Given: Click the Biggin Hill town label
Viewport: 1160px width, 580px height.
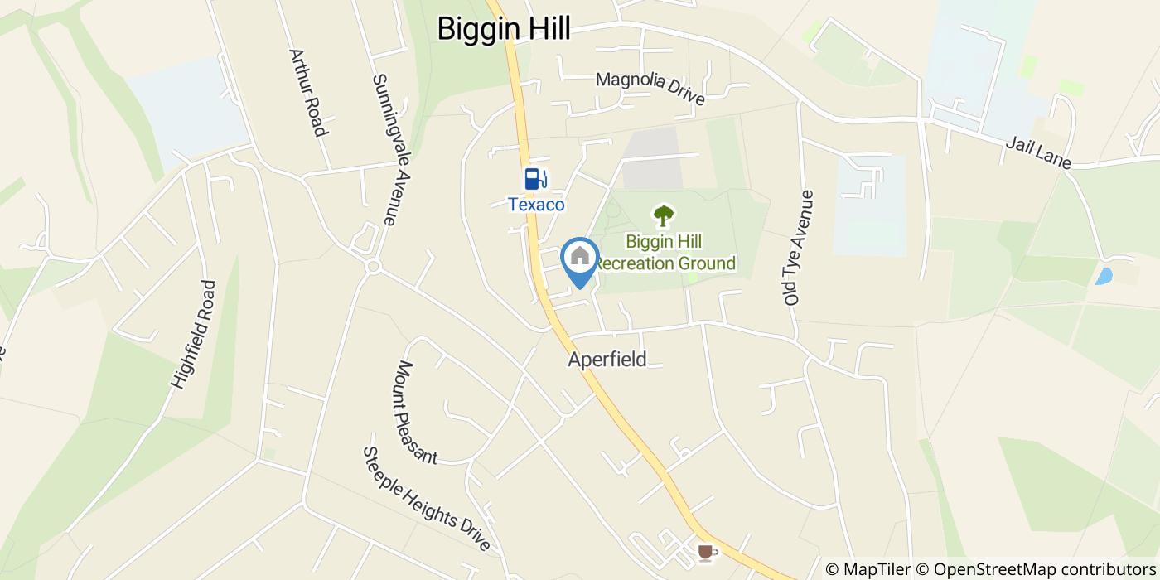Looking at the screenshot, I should [x=504, y=29].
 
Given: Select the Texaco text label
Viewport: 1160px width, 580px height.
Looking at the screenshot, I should [x=536, y=204].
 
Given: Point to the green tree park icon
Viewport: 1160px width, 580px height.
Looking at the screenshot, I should [x=663, y=216].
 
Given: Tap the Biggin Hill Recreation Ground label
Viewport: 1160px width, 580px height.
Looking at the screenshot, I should [x=665, y=253].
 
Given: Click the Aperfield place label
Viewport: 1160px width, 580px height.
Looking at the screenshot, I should [x=607, y=360].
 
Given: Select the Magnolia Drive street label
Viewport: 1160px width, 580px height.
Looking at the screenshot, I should [x=650, y=88].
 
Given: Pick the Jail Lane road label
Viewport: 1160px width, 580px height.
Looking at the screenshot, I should [x=1037, y=154].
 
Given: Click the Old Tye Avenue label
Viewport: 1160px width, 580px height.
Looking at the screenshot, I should [x=800, y=247].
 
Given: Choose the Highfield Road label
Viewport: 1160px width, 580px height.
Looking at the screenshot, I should [x=193, y=334].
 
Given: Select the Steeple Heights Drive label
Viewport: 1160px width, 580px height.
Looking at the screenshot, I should [x=427, y=499].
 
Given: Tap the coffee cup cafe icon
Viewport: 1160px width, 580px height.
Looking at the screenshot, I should [x=705, y=551].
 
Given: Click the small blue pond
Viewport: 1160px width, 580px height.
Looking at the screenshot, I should [x=1104, y=276].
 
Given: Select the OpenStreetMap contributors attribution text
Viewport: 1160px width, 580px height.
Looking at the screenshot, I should [x=1041, y=569].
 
